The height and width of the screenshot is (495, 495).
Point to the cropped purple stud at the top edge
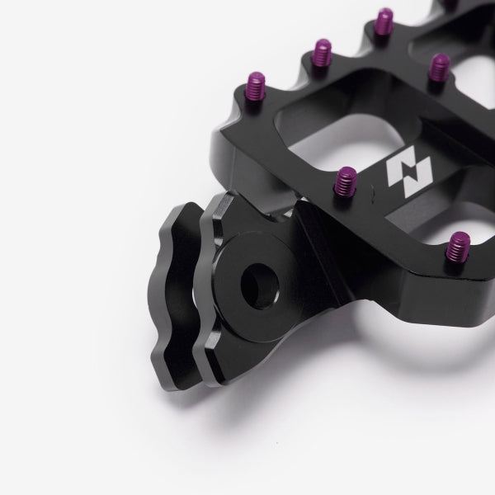[452, 4]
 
